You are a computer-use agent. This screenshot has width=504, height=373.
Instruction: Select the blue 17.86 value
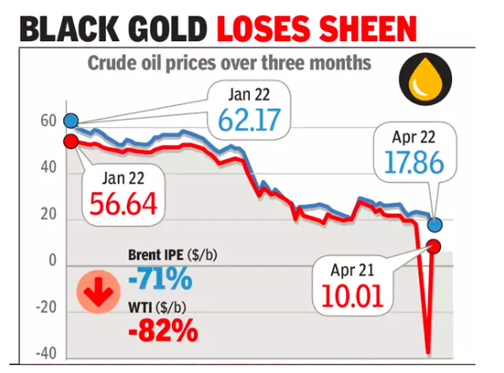click(416, 163)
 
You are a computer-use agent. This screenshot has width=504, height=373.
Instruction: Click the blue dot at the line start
click(70, 121)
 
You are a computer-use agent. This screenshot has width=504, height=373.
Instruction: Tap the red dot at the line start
click(70, 142)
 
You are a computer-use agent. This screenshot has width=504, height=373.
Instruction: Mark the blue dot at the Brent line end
click(435, 225)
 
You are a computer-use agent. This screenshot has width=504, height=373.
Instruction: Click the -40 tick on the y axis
click(47, 353)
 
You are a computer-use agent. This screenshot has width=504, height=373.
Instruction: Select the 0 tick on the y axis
click(52, 261)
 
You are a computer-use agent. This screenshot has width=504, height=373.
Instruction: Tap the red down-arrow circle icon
click(98, 295)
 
